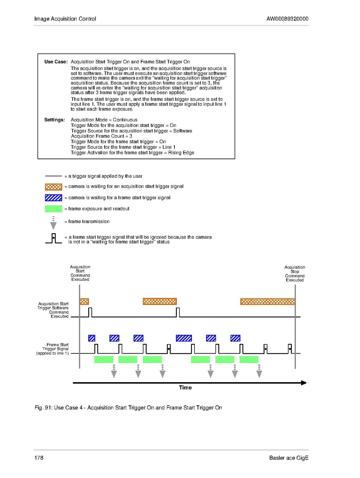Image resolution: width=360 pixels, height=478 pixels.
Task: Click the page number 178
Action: [x=39, y=458]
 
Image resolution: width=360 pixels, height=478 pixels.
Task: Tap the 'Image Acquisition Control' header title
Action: [x=65, y=19]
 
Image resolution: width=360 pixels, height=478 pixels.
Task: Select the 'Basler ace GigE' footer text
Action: [x=289, y=458]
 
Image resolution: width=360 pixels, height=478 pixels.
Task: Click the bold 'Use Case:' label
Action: [x=56, y=62]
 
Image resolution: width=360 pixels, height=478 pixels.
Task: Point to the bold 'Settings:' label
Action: [x=55, y=120]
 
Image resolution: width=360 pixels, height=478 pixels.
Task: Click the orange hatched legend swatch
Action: [x=53, y=186]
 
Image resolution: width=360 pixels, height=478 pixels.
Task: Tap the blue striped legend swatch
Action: [x=53, y=198]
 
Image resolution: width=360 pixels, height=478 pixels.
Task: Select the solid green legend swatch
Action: [x=53, y=208]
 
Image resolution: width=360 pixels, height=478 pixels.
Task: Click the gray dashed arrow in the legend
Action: [x=53, y=222]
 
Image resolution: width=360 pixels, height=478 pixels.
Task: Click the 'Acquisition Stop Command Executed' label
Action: [x=295, y=274]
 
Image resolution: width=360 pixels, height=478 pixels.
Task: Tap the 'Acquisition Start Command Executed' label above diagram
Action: [x=80, y=273]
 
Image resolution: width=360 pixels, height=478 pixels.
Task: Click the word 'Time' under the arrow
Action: [x=185, y=387]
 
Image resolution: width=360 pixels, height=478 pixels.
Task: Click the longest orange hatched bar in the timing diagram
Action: [x=267, y=301]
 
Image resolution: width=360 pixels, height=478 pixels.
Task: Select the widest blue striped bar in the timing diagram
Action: [x=184, y=338]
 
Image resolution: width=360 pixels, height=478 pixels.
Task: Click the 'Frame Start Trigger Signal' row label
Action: [x=53, y=349]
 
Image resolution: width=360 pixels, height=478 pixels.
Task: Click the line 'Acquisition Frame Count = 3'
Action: [x=101, y=136]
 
